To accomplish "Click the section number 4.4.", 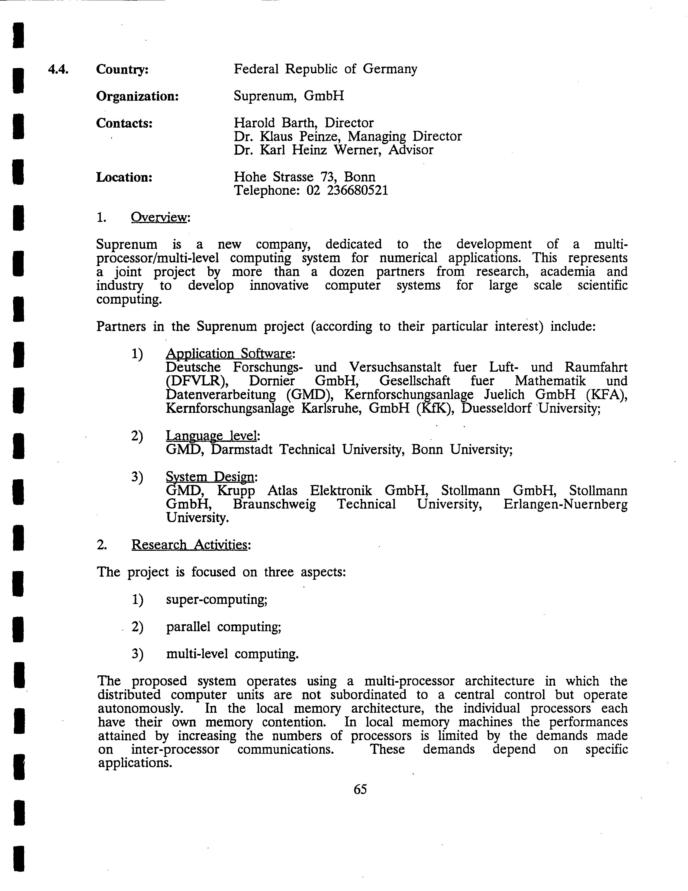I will pyautogui.click(x=58, y=69).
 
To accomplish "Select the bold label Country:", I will pyautogui.click(x=122, y=69).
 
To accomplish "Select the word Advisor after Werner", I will pyautogui.click(x=411, y=150).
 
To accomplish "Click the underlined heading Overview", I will pyautogui.click(x=159, y=218).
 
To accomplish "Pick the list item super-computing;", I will pyautogui.click(x=217, y=600).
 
